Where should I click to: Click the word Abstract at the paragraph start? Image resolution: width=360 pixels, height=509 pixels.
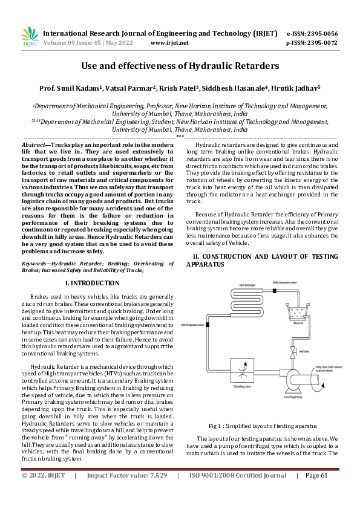pos(33,146)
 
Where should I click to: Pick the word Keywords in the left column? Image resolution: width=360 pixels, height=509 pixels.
pos(35,264)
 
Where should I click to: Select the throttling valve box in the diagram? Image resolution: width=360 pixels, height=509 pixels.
pos(244,369)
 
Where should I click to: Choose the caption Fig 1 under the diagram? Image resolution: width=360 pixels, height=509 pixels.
pos(213,426)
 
